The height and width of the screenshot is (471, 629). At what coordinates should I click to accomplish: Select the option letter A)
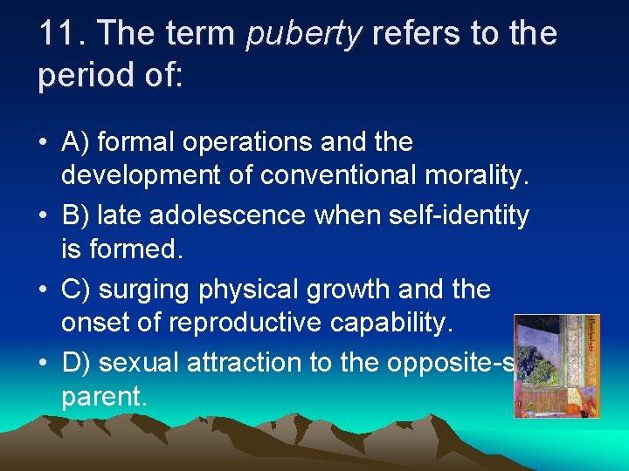[75, 141]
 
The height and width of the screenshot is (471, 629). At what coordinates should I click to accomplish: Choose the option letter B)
[75, 215]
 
